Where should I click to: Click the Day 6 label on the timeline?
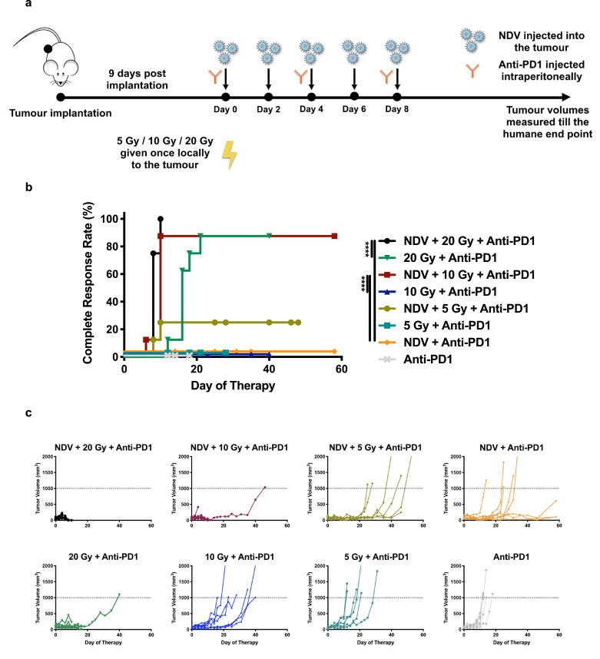click(353, 110)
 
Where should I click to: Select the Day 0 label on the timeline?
click(225, 110)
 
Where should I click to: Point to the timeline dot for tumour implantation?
click(61, 98)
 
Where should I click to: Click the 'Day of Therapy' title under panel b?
click(232, 386)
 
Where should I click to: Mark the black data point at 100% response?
click(161, 219)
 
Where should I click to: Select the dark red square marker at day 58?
click(334, 236)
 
